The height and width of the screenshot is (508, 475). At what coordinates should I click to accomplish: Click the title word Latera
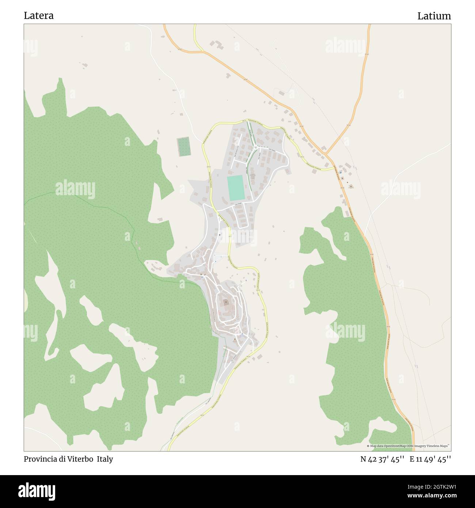point(39,16)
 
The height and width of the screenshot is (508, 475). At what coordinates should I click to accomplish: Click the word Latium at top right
point(434,16)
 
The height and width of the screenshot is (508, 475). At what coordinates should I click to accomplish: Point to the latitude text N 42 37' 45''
point(382,459)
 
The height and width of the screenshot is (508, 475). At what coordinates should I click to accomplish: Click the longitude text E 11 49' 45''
point(430,459)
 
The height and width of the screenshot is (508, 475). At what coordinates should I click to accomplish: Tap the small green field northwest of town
point(183,147)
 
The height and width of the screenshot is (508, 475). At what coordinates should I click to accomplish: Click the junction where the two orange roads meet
point(326,153)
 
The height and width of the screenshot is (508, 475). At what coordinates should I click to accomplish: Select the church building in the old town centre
point(226,302)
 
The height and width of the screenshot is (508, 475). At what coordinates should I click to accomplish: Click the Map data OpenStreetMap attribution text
point(409,446)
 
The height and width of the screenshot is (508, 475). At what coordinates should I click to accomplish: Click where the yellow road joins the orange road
point(334,168)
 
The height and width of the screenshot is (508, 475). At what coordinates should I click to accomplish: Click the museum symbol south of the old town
point(235,340)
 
